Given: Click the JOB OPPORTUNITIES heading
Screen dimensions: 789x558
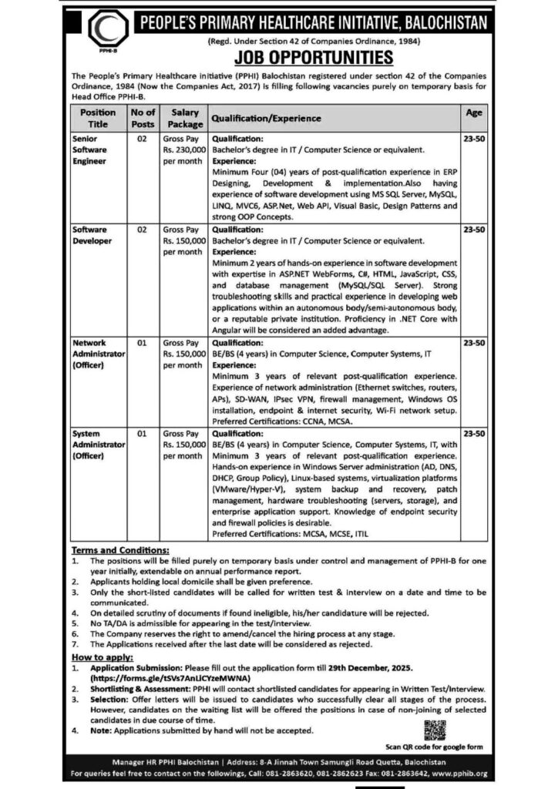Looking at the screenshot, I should point(309,58).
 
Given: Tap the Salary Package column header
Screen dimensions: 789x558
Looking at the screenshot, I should point(184,118).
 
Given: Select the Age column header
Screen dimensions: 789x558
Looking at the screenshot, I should point(474,112).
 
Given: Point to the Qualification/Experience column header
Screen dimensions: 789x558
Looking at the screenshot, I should point(266,119).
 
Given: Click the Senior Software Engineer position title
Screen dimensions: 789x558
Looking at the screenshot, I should point(91,152).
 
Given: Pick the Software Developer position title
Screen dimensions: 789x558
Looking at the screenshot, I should point(91,234).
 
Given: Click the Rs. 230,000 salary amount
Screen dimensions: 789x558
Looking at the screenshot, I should point(183,152).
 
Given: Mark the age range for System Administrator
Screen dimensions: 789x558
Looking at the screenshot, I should point(474,435).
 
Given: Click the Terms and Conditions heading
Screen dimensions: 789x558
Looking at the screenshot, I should point(119,551).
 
